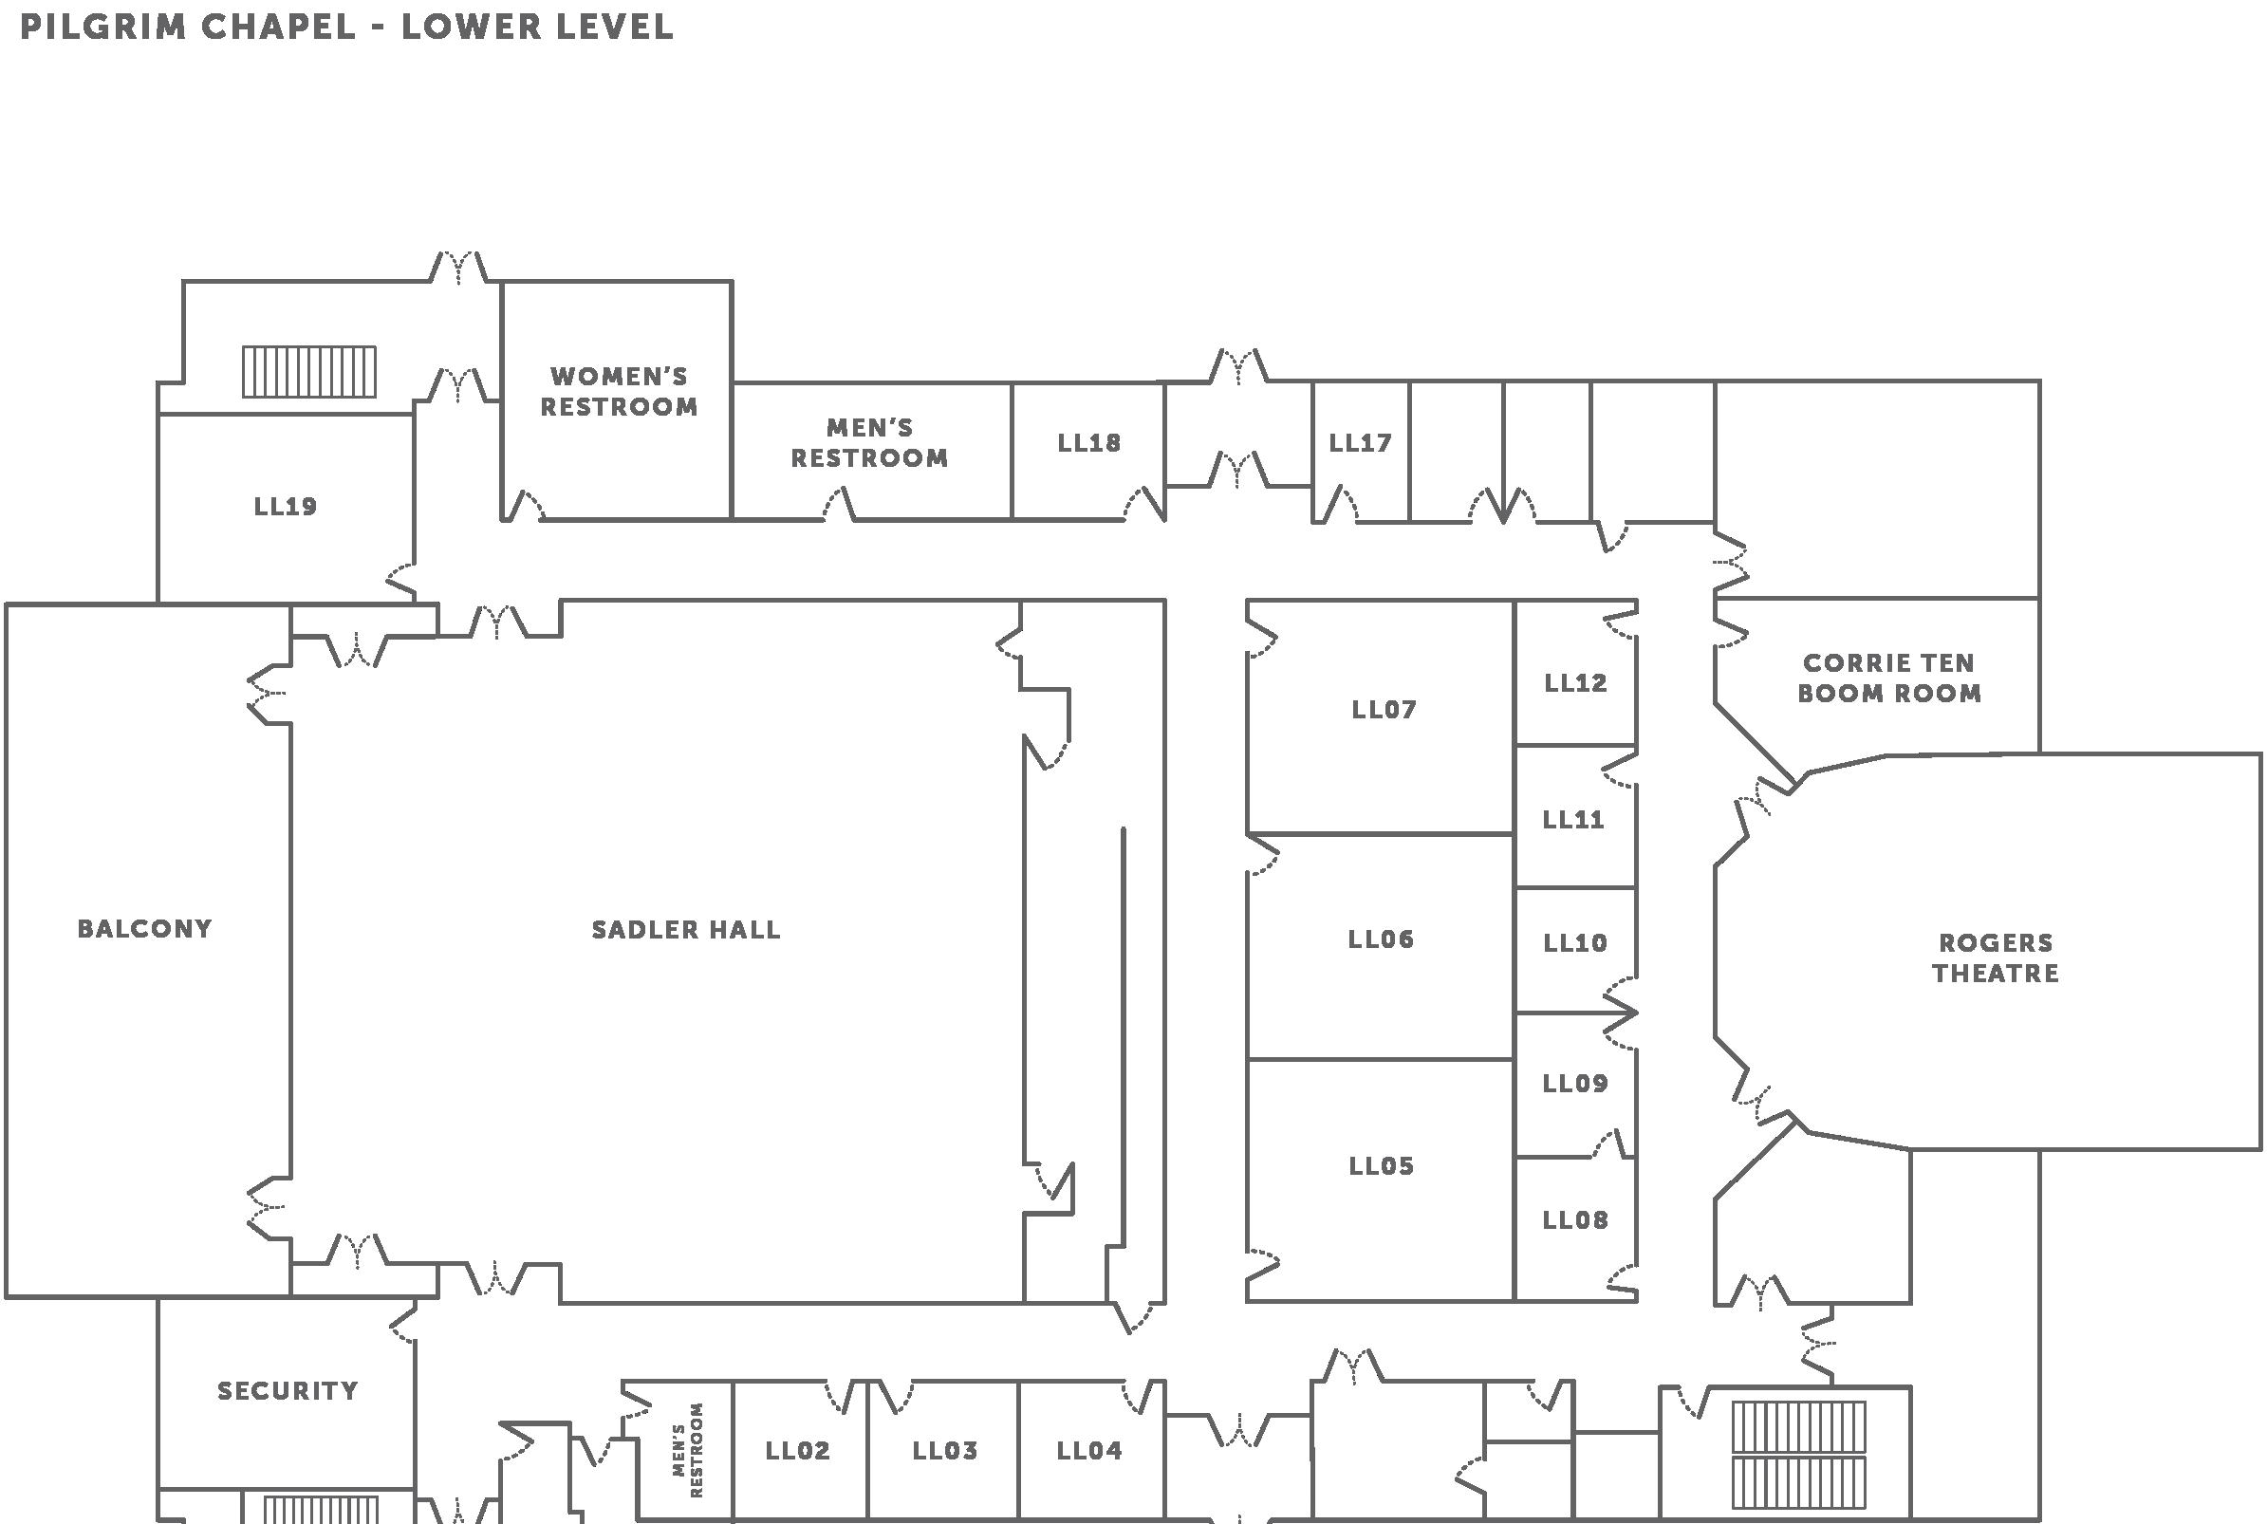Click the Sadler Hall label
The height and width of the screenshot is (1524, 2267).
[x=686, y=930]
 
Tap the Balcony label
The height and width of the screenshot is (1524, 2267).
[x=145, y=929]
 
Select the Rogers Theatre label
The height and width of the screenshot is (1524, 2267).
[x=1995, y=957]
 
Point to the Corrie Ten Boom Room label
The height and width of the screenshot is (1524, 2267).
[x=1888, y=678]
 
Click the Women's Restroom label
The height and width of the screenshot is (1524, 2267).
[x=619, y=392]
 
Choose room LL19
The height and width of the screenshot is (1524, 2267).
[x=286, y=507]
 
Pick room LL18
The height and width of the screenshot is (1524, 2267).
[x=1089, y=443]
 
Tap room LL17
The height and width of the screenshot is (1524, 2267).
[x=1361, y=443]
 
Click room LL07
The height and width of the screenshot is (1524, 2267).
[x=1384, y=710]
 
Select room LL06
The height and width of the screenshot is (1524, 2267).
[x=1381, y=939]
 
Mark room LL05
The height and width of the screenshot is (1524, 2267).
[x=1381, y=1166]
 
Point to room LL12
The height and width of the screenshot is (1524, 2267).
[x=1575, y=683]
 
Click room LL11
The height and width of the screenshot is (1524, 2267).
[x=1573, y=820]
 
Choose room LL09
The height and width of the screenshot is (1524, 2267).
[x=1575, y=1084]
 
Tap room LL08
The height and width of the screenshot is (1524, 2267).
[x=1575, y=1220]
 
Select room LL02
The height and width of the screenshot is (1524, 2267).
[x=798, y=1451]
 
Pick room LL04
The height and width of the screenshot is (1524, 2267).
[x=1089, y=1451]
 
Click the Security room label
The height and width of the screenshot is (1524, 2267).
[x=288, y=1391]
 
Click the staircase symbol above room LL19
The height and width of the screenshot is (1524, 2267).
[x=309, y=371]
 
